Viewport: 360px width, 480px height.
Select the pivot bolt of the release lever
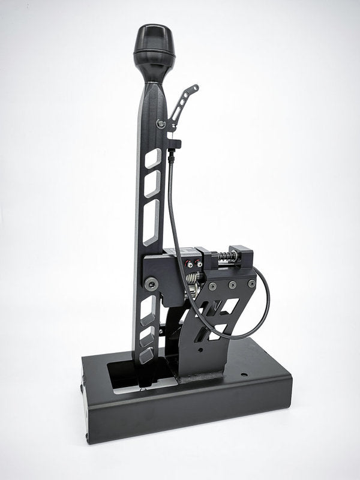(x=161, y=124)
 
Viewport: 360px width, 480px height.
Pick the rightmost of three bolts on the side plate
(x=251, y=283)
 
